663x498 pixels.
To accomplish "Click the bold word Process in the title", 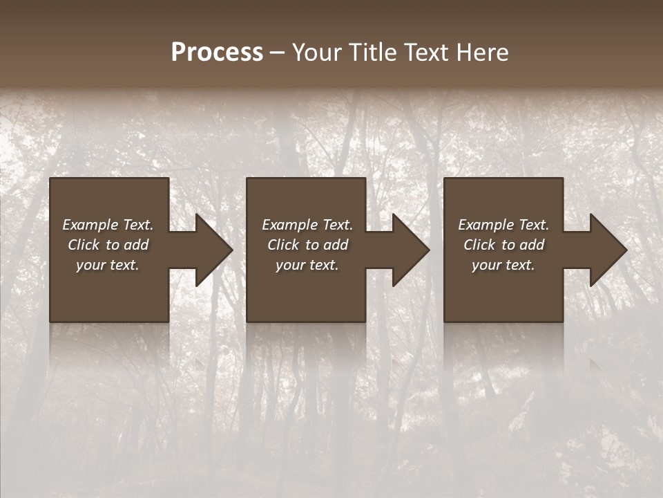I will tap(217, 53).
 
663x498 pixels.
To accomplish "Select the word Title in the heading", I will tap(372, 53).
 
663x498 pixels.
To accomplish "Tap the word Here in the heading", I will tap(483, 53).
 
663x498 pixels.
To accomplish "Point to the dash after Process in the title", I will tap(277, 53).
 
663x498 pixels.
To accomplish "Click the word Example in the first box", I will tap(90, 225).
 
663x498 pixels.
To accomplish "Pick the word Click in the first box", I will tap(84, 245).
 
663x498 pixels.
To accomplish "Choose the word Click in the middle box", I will tap(283, 245).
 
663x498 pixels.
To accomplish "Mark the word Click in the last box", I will tap(479, 245).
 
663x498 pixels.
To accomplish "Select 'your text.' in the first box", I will tap(108, 265).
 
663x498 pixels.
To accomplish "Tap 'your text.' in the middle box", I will tap(307, 265).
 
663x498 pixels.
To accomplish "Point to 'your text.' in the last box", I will tap(503, 265).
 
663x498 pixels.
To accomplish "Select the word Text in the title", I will tap(426, 53).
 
